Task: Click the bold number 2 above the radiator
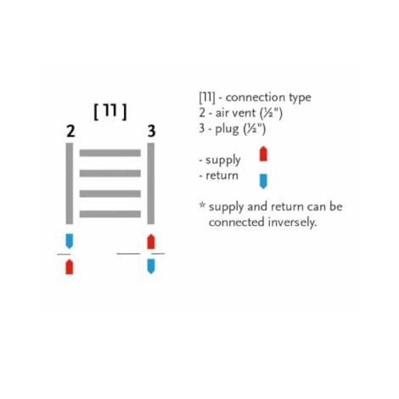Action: pyautogui.click(x=70, y=132)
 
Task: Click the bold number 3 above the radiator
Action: pyautogui.click(x=152, y=132)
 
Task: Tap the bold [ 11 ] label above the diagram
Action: pyautogui.click(x=110, y=111)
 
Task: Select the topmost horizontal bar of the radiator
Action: pyautogui.click(x=110, y=153)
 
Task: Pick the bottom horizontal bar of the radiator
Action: pyautogui.click(x=110, y=214)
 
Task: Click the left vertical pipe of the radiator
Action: pyautogui.click(x=70, y=183)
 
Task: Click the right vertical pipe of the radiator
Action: pyautogui.click(x=151, y=183)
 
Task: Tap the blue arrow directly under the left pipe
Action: pyautogui.click(x=70, y=241)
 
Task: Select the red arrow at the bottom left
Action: pyautogui.click(x=70, y=267)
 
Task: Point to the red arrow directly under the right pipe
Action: pyautogui.click(x=151, y=242)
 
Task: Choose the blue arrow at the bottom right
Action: pyautogui.click(x=151, y=267)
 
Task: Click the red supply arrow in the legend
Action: pyautogui.click(x=263, y=154)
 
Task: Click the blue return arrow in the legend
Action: pyautogui.click(x=263, y=182)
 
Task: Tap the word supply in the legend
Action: pyautogui.click(x=223, y=160)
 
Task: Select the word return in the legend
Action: pyautogui.click(x=222, y=176)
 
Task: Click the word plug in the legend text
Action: pyautogui.click(x=227, y=129)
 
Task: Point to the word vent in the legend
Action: pyautogui.click(x=244, y=113)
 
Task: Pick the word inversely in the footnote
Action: pyautogui.click(x=292, y=222)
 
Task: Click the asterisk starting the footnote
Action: pyautogui.click(x=202, y=205)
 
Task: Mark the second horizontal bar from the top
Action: pyautogui.click(x=110, y=173)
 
